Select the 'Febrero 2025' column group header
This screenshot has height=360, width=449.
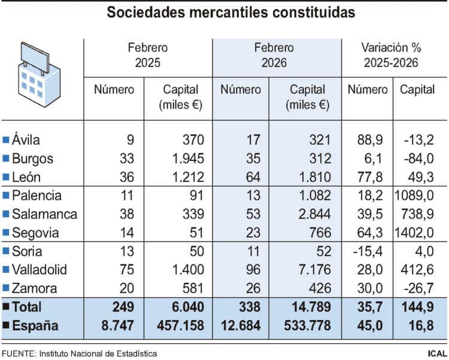[x=147, y=55]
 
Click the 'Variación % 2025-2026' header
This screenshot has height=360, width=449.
[x=391, y=55]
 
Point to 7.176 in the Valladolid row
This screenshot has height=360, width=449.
[x=312, y=270]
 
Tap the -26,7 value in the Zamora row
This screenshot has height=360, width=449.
[x=420, y=288]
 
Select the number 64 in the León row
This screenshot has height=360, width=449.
[x=254, y=177]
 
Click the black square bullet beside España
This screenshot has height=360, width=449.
[x=6, y=327]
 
